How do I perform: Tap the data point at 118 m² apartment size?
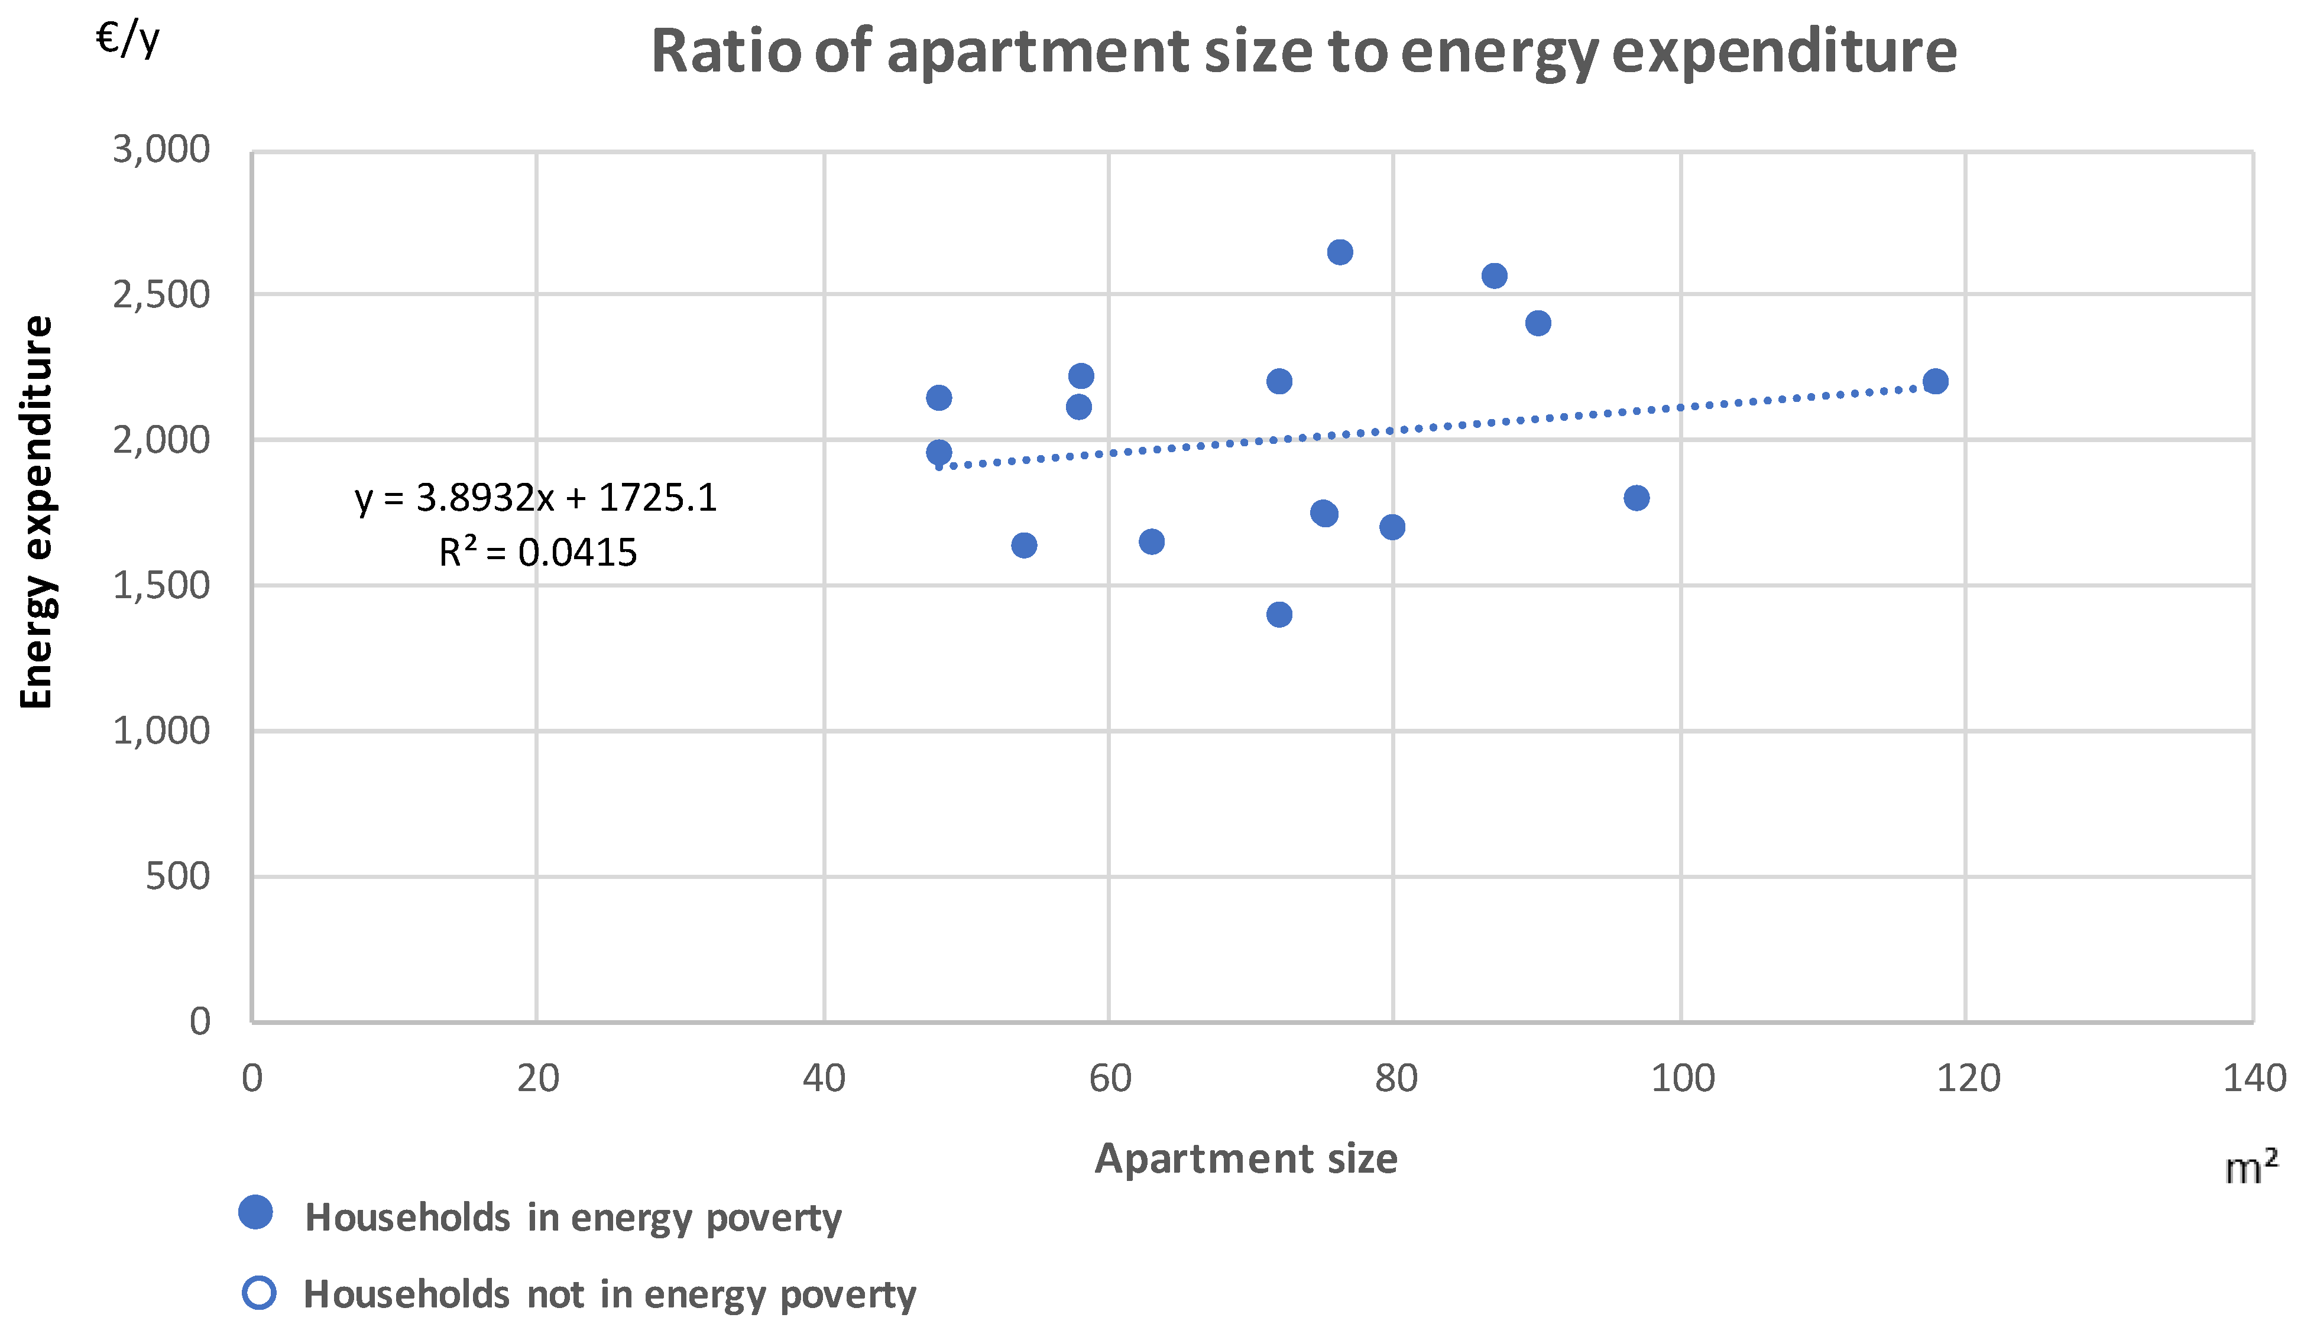click(x=1934, y=381)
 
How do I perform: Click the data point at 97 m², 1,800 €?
click(x=1636, y=498)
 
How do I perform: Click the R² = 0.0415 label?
click(x=537, y=552)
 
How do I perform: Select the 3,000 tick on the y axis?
click(x=161, y=149)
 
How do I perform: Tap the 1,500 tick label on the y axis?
click(x=161, y=585)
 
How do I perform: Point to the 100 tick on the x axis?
click(x=1681, y=1078)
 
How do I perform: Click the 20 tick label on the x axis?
click(x=537, y=1078)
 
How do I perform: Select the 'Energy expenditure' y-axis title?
click(x=37, y=512)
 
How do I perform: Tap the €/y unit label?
click(x=128, y=38)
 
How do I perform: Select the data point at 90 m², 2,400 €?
click(x=1538, y=323)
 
